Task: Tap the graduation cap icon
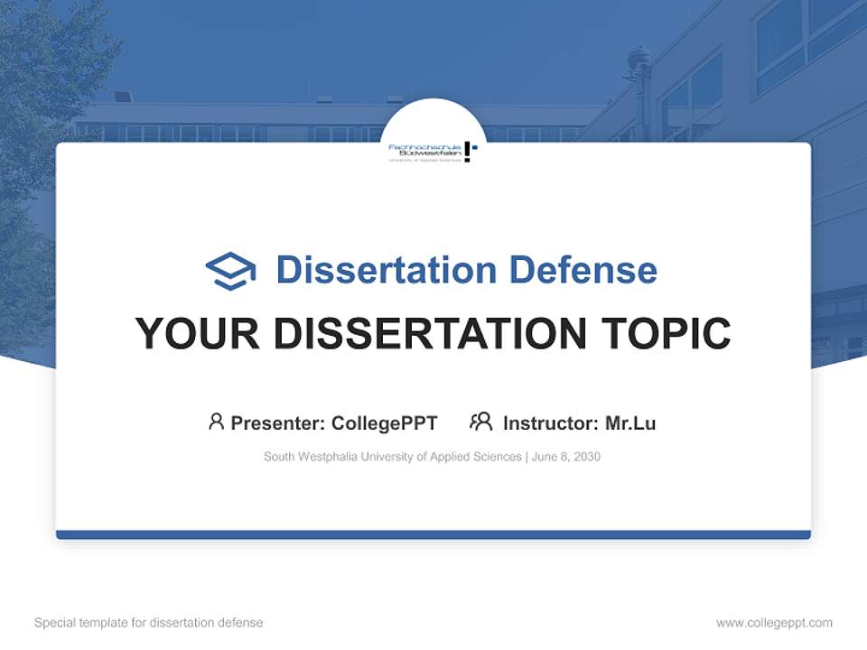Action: click(230, 271)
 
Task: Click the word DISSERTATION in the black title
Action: click(430, 334)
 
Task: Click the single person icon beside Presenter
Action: click(216, 422)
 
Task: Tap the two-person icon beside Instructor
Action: click(480, 422)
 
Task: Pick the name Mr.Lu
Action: click(630, 422)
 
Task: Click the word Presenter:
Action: click(278, 422)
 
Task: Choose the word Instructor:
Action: click(550, 422)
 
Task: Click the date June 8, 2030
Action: click(566, 457)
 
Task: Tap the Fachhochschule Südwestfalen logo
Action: click(433, 151)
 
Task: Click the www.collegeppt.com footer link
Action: click(774, 622)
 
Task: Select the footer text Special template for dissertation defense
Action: click(149, 622)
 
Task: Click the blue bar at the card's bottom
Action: click(433, 534)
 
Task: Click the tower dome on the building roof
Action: click(639, 61)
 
